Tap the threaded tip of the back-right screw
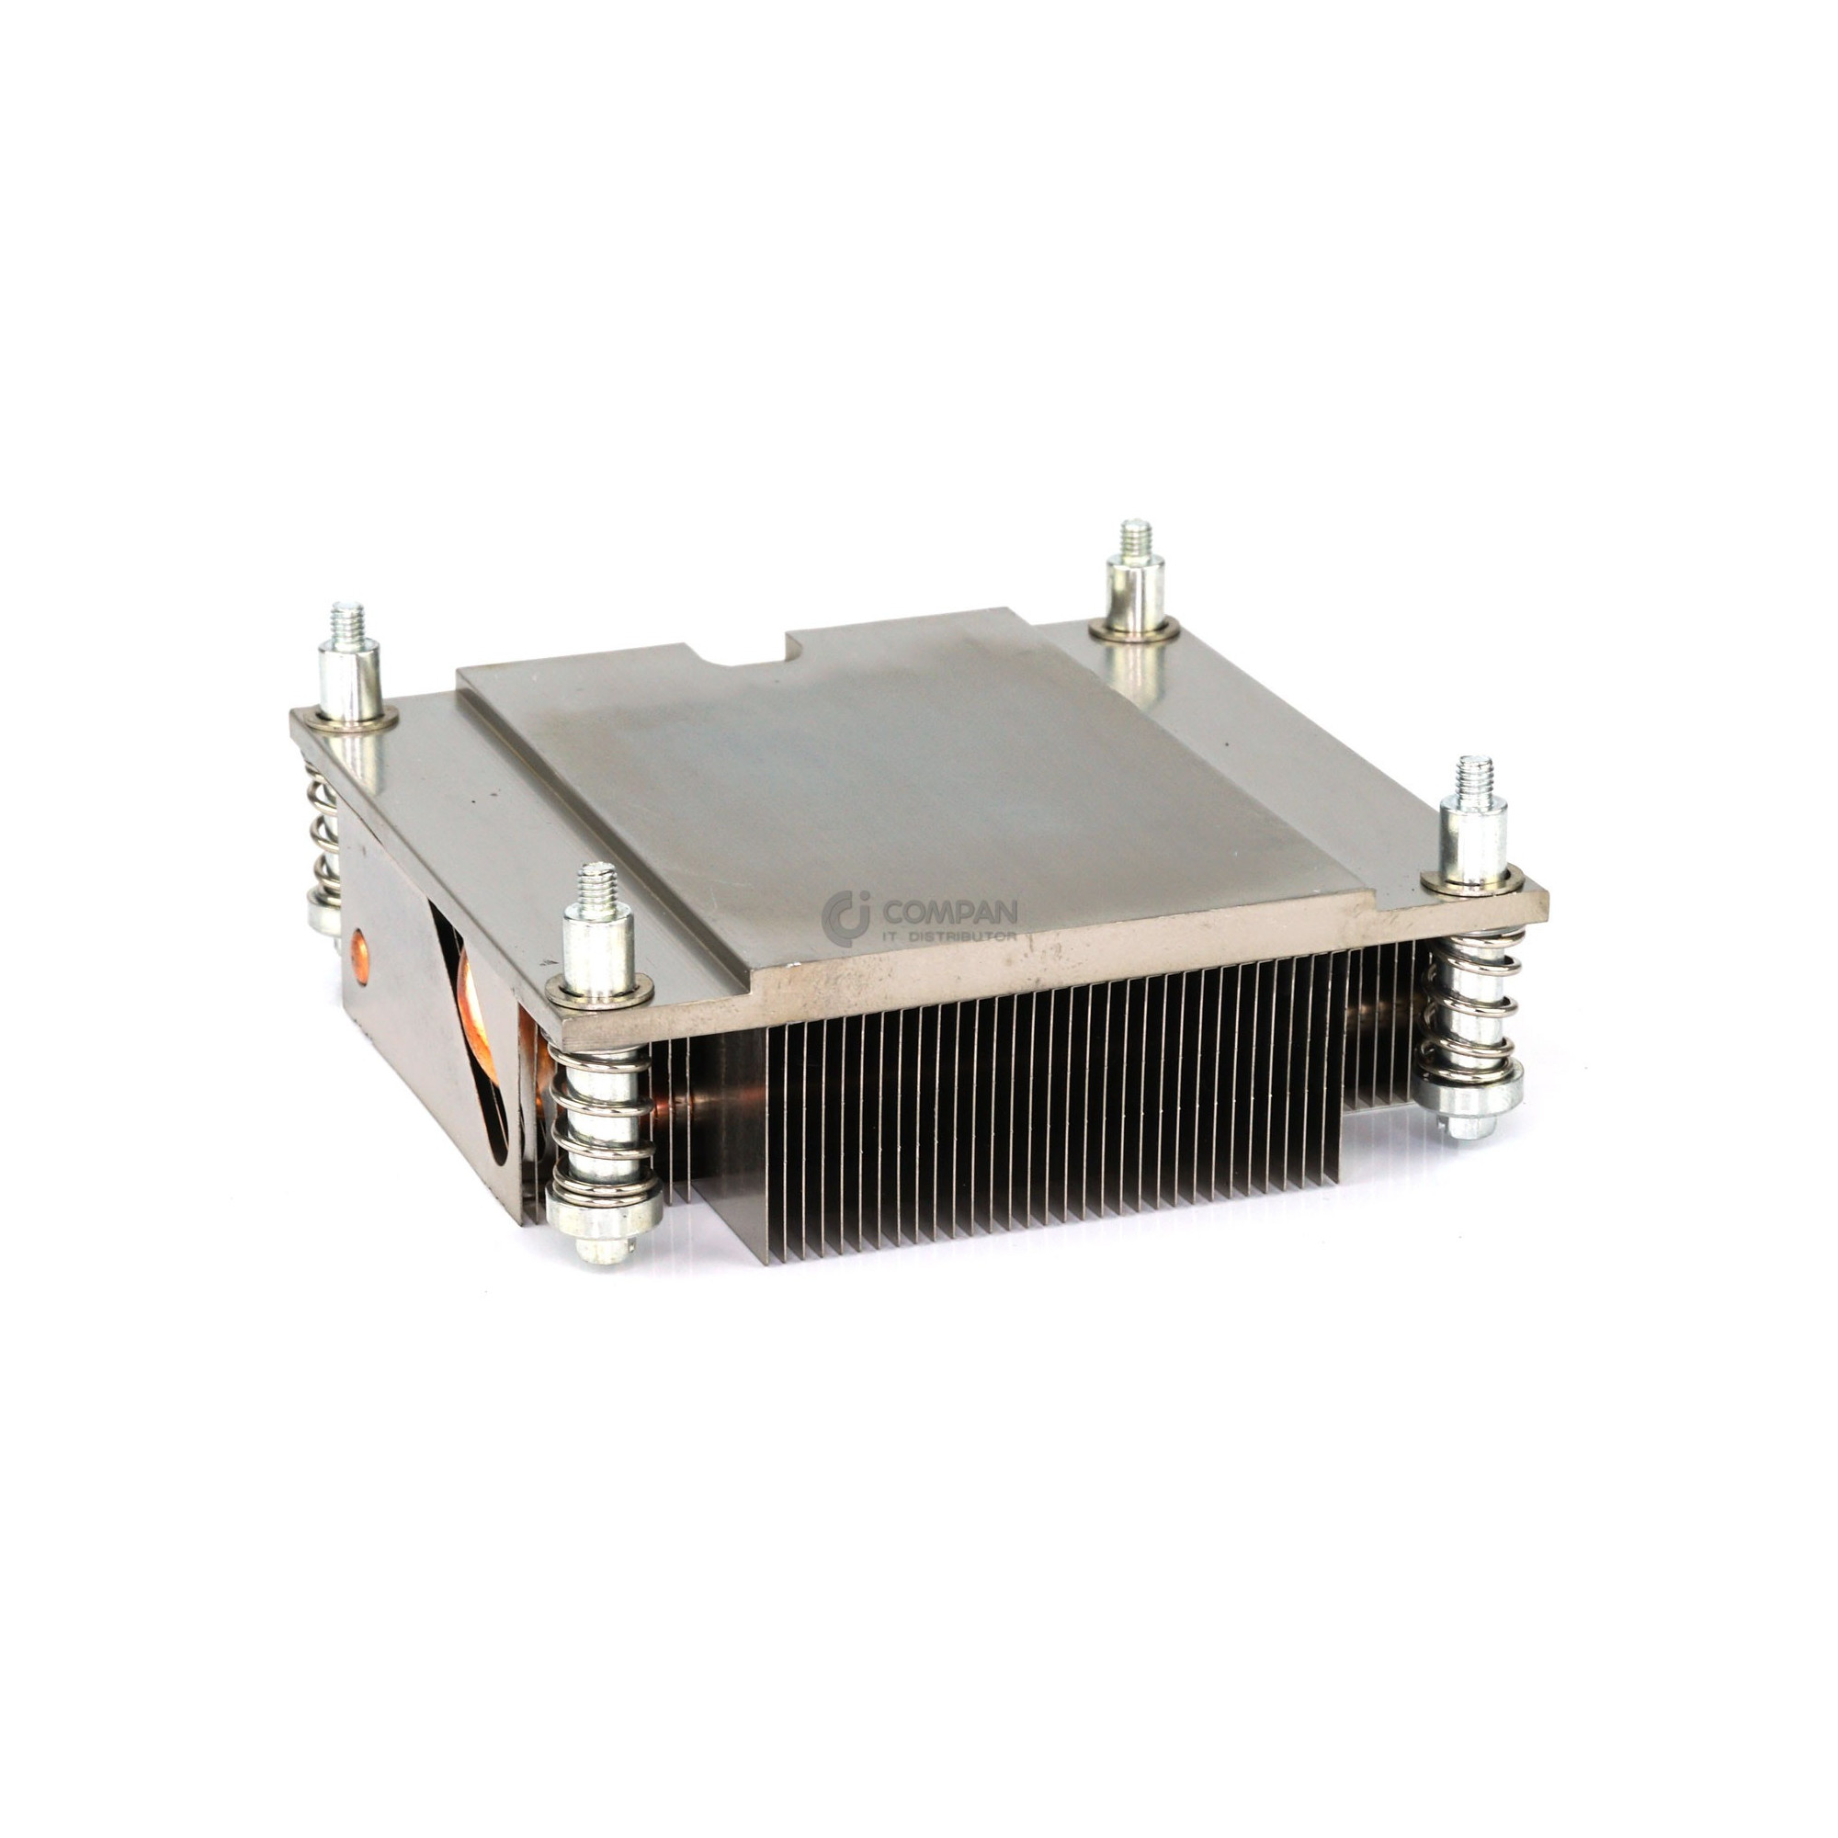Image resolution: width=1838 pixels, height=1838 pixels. [1135, 539]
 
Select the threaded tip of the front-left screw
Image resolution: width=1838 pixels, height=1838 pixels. [596, 884]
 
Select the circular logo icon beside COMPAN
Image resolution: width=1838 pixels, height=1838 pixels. [846, 918]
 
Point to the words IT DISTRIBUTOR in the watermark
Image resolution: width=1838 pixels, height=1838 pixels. [949, 936]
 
